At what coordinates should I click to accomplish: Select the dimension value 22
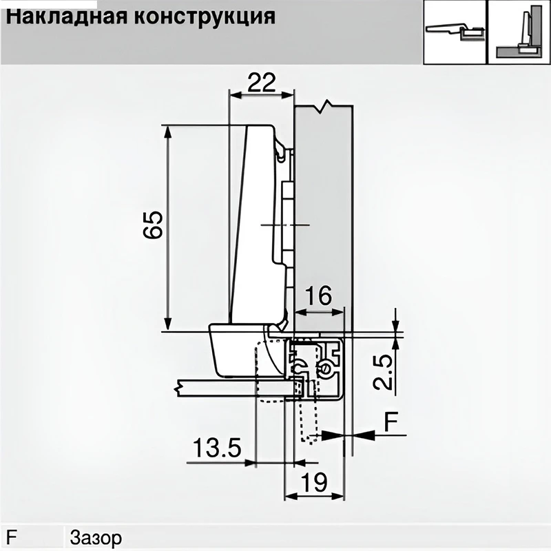[x=261, y=83]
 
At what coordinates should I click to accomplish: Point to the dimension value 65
[x=153, y=225]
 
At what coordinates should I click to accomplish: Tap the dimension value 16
[x=318, y=296]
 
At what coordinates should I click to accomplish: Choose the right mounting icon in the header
[x=519, y=32]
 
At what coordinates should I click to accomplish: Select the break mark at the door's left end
[x=181, y=387]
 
